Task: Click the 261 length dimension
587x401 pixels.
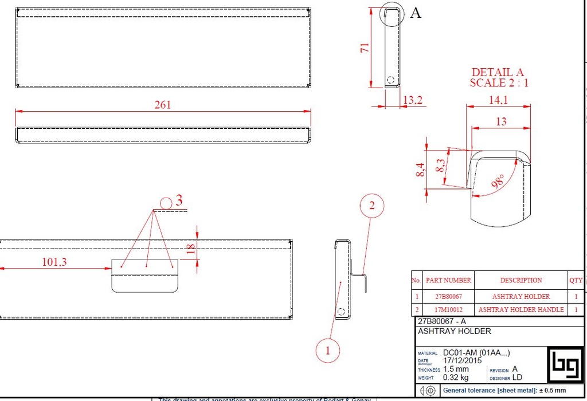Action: click(x=163, y=105)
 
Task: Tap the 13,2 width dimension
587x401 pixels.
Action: click(x=413, y=100)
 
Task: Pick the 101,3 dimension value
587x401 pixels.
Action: click(x=54, y=262)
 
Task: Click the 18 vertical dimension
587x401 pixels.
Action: click(x=191, y=247)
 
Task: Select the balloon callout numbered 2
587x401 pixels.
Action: click(x=371, y=206)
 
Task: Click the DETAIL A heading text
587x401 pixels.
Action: click(x=498, y=73)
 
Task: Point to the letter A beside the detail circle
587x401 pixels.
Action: click(x=416, y=13)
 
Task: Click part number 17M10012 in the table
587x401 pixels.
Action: click(x=444, y=309)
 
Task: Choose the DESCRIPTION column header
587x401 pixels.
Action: click(x=521, y=280)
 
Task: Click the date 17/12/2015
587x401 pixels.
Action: click(x=463, y=361)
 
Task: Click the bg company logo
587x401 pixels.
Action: click(x=565, y=364)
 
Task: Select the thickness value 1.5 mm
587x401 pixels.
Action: click(x=456, y=369)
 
